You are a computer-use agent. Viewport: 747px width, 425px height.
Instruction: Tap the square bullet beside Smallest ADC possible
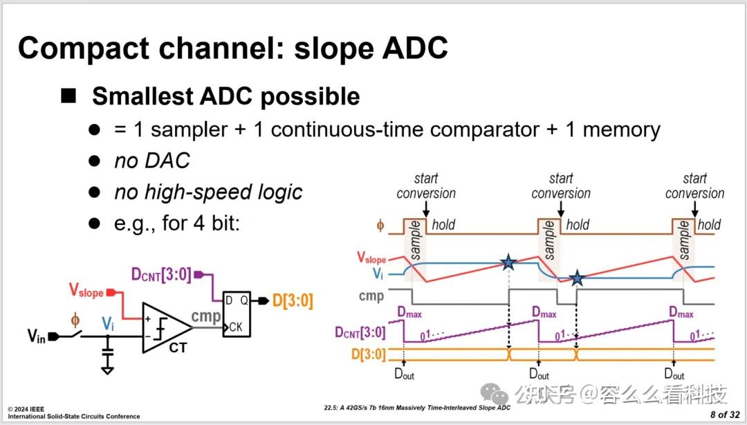click(68, 96)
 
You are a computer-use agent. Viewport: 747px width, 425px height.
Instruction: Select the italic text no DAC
click(151, 161)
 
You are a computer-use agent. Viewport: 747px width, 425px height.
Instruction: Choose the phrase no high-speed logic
click(208, 191)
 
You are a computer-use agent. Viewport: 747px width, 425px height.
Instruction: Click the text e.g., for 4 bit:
click(176, 223)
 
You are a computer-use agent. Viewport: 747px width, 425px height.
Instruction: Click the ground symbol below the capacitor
click(107, 370)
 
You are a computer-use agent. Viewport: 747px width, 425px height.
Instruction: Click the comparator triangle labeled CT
click(165, 327)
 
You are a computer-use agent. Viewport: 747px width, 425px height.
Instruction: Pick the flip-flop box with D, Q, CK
click(237, 314)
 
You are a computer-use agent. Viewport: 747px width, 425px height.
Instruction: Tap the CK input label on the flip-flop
click(237, 327)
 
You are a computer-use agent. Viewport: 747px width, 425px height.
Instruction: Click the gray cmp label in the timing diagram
click(372, 296)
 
